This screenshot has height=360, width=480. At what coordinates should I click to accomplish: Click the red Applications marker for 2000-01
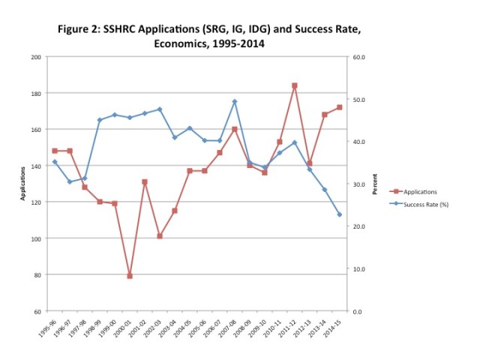click(130, 276)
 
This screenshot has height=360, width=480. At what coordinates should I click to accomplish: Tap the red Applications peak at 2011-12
click(295, 85)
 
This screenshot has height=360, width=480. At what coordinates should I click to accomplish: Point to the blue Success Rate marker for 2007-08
click(235, 101)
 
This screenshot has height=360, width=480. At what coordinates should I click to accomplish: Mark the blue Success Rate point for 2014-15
click(340, 214)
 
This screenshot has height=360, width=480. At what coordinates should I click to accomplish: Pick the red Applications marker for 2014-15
click(340, 107)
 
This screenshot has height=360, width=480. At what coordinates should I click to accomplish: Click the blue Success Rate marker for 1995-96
click(55, 162)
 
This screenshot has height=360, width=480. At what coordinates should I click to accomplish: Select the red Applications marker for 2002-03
click(160, 235)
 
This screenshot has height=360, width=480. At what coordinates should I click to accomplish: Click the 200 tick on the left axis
click(35, 57)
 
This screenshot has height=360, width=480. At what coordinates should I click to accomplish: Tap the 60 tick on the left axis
click(37, 311)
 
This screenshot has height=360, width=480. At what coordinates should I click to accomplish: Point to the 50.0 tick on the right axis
click(358, 99)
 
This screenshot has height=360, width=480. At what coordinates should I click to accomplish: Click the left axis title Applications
click(23, 184)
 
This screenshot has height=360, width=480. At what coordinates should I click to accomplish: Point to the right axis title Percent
click(375, 184)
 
